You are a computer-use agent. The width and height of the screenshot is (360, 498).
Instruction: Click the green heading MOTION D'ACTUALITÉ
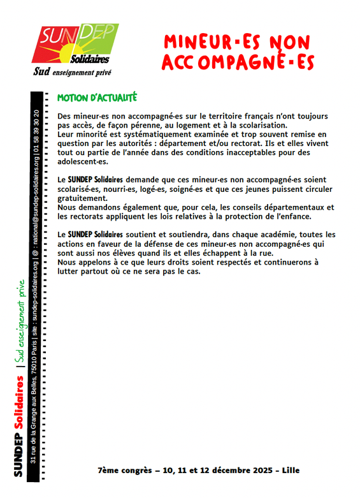[97, 99]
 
